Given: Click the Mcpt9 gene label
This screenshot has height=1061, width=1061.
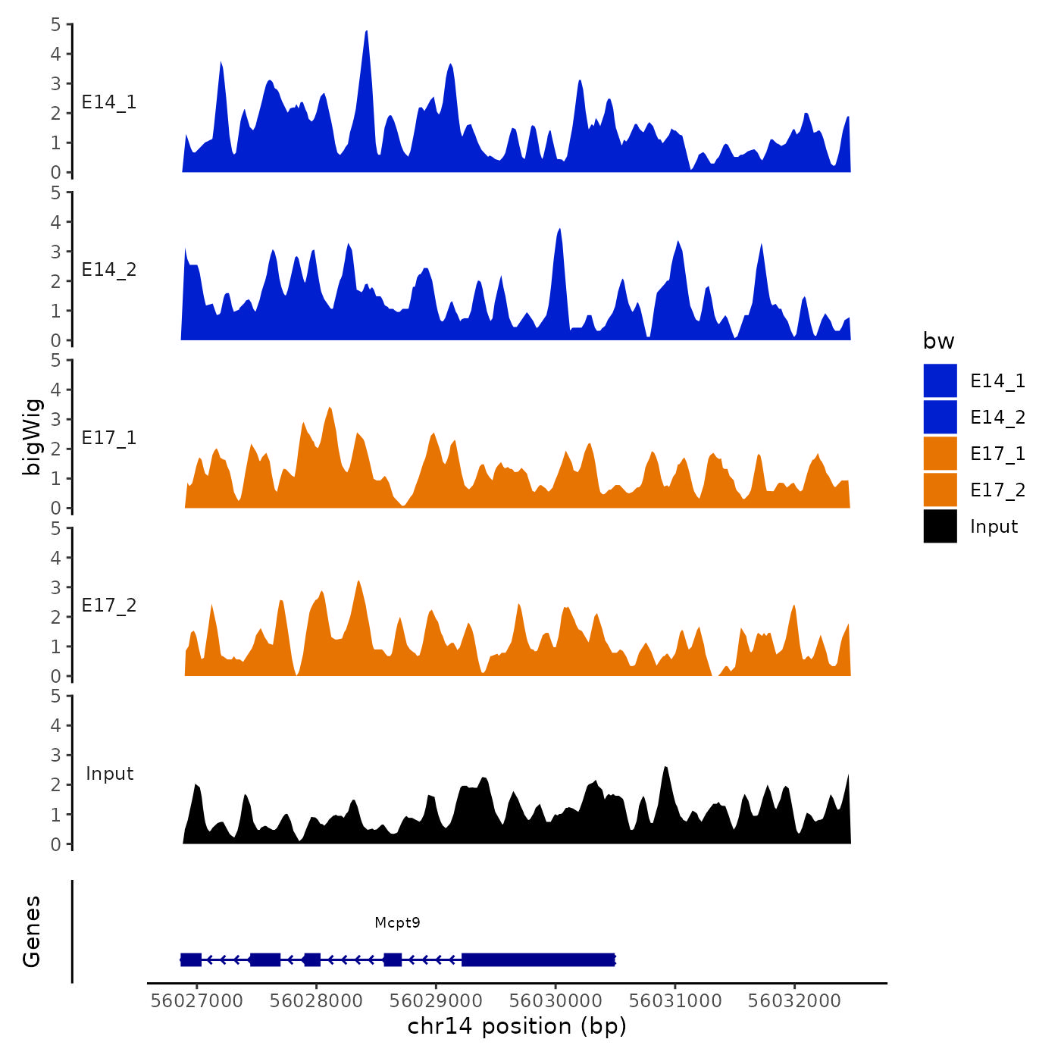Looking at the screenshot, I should tap(397, 922).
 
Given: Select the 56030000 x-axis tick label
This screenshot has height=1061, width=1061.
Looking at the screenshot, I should tap(556, 1000).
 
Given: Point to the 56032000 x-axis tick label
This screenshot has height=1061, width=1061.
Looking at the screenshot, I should tap(794, 1000).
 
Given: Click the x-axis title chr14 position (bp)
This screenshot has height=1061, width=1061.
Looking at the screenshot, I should tap(517, 1026).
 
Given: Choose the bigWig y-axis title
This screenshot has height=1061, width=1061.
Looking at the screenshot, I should tap(32, 437).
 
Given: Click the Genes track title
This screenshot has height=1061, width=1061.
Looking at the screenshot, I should tap(32, 931).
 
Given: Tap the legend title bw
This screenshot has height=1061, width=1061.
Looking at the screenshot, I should tap(938, 341).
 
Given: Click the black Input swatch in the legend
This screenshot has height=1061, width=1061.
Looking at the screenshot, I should tap(940, 526).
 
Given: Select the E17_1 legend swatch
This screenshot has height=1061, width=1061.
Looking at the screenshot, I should tap(940, 453).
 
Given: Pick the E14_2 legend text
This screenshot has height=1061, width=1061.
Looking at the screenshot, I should tap(997, 417).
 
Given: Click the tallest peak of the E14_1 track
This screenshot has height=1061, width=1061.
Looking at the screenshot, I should tap(366, 32).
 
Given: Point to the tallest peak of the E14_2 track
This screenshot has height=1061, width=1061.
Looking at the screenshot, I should tap(559, 229).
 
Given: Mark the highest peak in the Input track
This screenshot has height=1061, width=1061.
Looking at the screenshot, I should tap(665, 767).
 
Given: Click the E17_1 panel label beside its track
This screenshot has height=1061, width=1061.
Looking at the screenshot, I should tap(109, 437).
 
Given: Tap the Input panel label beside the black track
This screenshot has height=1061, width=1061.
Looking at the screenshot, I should tap(109, 773).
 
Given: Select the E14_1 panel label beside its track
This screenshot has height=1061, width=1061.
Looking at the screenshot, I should tap(109, 102).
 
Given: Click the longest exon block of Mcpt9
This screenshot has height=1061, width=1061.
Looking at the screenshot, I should tap(538, 959).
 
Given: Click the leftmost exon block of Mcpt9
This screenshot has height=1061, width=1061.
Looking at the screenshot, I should tap(191, 959).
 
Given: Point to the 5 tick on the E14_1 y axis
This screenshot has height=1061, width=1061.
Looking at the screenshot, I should tap(56, 24).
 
